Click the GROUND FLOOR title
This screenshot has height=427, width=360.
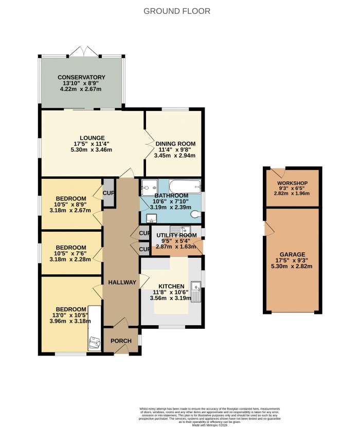(x=176, y=11)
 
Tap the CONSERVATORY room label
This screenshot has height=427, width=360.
(x=81, y=77)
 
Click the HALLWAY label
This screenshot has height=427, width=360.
(x=122, y=282)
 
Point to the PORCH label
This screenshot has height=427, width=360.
(x=121, y=341)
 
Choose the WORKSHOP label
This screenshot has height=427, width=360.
(x=292, y=183)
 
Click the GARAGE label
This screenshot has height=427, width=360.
(x=292, y=254)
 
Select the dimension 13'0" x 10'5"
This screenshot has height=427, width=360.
(x=71, y=317)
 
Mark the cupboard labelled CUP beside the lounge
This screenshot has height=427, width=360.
(x=109, y=193)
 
